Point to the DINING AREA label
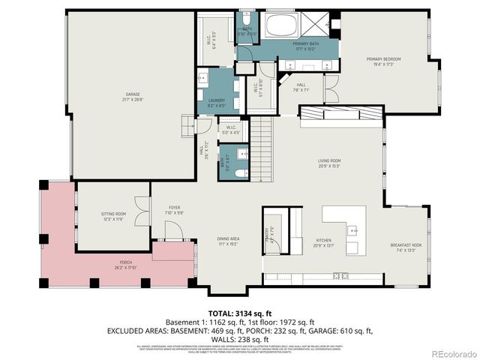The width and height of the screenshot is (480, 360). click(x=228, y=240)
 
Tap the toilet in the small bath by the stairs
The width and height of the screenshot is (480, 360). click(x=239, y=172)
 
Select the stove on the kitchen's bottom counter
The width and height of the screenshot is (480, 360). click(x=341, y=275)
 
